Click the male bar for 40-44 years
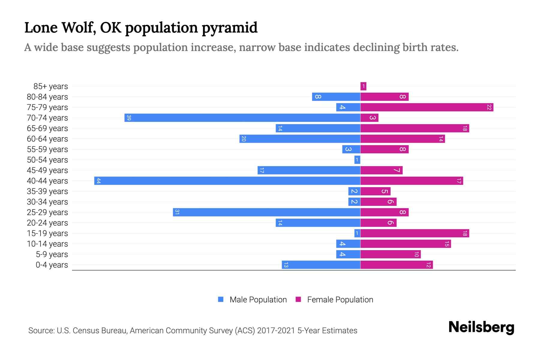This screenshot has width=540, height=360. point(227,181)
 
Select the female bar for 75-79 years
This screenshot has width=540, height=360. point(427,107)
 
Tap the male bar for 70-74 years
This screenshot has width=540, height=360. point(242,118)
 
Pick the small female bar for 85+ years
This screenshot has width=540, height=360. point(363,86)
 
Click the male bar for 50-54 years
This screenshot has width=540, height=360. point(357,160)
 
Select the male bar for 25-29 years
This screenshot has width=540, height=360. point(266,212)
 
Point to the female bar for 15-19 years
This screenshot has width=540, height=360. point(415,233)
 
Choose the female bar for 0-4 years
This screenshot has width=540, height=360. point(396,265)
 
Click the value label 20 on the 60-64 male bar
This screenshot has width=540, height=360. point(244,139)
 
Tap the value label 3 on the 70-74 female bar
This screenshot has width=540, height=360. point(372,118)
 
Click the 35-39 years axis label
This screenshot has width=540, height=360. point(47,191)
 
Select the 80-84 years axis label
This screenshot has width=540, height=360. point(47,97)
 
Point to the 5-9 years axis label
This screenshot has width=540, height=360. point(52,254)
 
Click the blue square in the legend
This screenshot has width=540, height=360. point(221,299)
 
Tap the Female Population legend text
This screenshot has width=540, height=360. point(340,300)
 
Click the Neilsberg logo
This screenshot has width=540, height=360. point(481,328)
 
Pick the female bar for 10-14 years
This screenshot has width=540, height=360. point(405,244)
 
